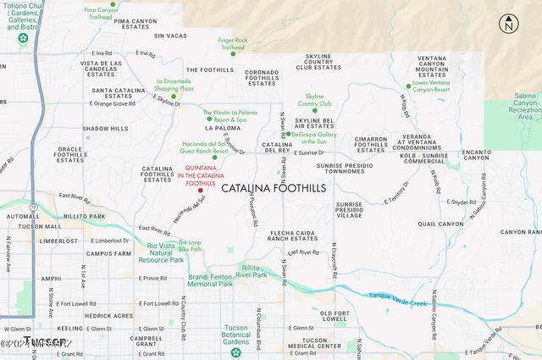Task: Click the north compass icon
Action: pos(508,25)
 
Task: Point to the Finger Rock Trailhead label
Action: pos(231,43)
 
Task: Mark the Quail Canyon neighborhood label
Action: pos(441,224)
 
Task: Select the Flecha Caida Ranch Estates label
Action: pos(294,235)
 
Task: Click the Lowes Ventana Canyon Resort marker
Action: pos(407,85)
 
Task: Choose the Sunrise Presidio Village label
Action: pos(349,210)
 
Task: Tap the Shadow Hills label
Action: pos(106,129)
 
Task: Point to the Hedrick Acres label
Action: pos(108,315)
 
